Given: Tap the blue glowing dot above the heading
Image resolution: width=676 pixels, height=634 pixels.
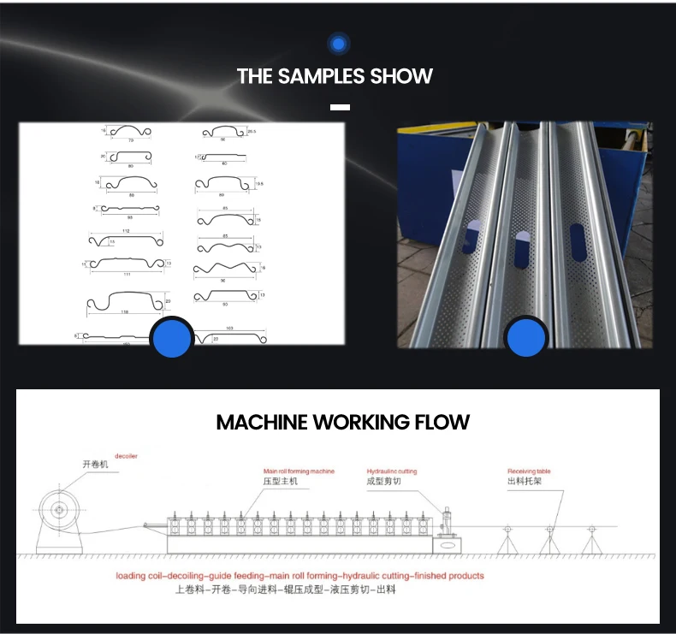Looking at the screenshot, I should click(x=338, y=44).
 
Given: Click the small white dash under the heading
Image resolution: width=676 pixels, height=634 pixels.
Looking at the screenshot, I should click(x=340, y=107).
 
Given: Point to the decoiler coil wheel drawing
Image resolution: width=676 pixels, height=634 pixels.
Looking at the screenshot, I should click(x=59, y=511).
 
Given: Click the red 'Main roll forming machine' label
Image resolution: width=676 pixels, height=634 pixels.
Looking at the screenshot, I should click(x=299, y=471).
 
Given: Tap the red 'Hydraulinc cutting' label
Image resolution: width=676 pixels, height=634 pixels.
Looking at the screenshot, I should click(x=392, y=471).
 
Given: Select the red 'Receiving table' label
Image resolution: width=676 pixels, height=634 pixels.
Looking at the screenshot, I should click(x=529, y=471).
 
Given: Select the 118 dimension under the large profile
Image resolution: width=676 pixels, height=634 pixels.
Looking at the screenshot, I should click(x=126, y=312).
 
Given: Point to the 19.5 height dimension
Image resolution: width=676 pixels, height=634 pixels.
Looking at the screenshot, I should click(x=260, y=184).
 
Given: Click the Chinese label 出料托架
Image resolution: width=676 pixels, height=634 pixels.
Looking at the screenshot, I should click(x=523, y=482).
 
